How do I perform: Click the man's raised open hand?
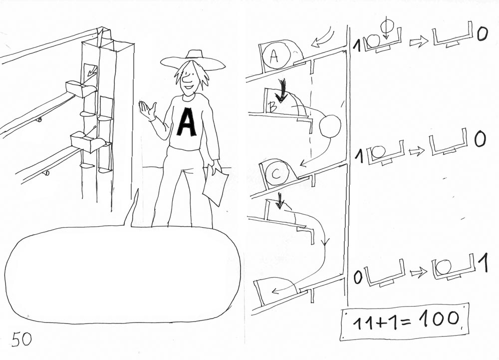click(x=147, y=110)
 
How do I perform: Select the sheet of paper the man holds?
click(x=216, y=186)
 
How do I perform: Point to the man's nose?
click(x=188, y=76)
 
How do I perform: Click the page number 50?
click(x=22, y=339)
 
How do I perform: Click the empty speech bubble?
click(x=123, y=274)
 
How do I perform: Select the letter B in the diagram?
click(x=272, y=107)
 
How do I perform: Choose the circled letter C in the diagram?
click(x=276, y=173)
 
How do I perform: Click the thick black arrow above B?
click(x=282, y=91)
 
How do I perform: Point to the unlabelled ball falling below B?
click(x=330, y=126)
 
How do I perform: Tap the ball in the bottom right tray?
click(x=443, y=267)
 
